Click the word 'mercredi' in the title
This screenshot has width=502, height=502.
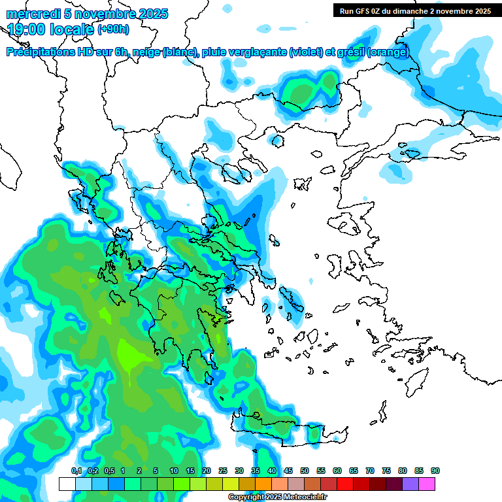(x=33, y=14)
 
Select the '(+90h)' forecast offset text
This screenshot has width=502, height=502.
(x=113, y=29)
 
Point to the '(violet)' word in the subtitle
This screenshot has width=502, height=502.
(x=306, y=52)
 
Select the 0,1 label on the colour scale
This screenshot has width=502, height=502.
(x=76, y=471)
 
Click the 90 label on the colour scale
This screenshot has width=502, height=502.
(x=435, y=471)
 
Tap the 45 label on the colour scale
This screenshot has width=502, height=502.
(x=288, y=471)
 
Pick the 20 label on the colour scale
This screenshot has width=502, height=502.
(x=207, y=471)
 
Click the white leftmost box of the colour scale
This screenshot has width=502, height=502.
(x=67, y=484)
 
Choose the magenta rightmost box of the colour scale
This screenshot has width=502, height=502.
(x=427, y=484)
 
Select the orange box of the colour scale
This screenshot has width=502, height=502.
(x=263, y=484)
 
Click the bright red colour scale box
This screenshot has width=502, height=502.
(x=345, y=484)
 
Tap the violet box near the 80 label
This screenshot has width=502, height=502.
(x=410, y=484)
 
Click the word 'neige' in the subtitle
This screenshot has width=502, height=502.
(x=145, y=52)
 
